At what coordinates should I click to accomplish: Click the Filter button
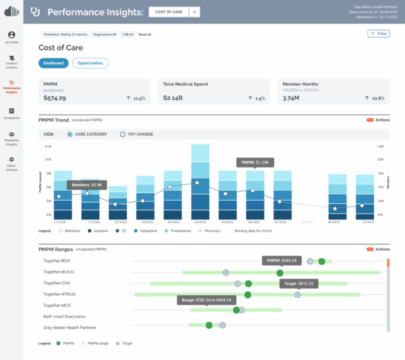[379, 33]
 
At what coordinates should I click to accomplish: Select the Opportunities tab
[90, 63]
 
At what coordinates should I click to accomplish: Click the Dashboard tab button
[53, 63]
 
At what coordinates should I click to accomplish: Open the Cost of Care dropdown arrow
[194, 11]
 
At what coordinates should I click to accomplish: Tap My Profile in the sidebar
[11, 37]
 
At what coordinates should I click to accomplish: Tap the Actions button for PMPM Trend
[378, 120]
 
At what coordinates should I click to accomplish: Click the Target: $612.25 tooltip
[300, 284]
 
